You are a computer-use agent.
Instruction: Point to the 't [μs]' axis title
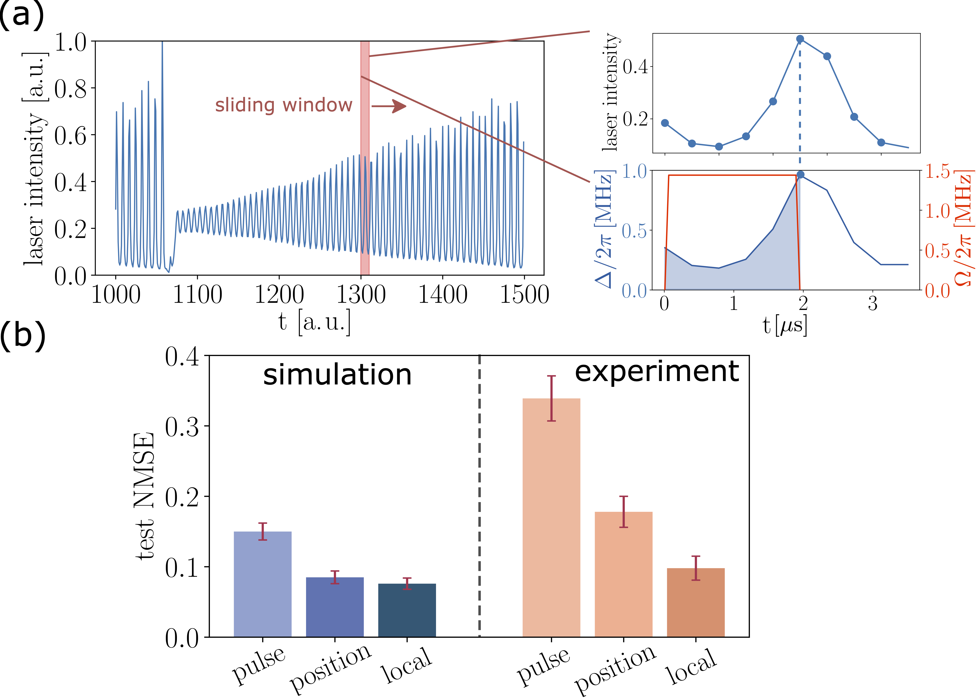[x=785, y=325]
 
